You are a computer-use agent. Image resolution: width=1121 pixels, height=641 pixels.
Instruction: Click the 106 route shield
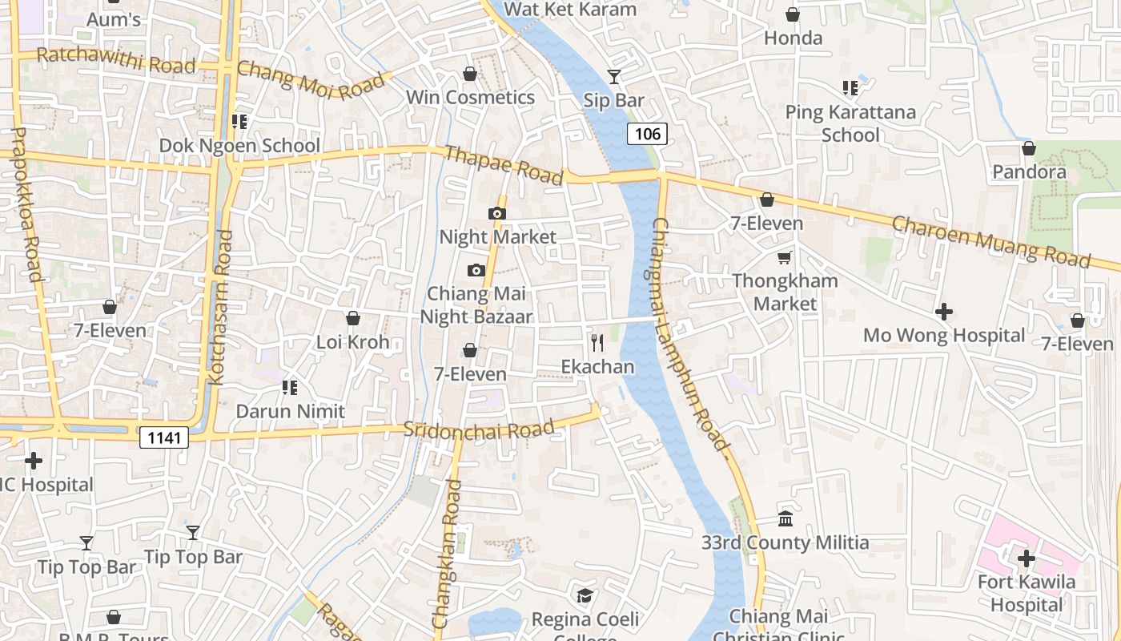coord(647,134)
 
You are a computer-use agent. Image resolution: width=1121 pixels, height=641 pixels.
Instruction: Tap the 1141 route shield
coord(164,437)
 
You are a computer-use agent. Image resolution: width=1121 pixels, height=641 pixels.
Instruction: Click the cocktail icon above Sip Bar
coord(614,77)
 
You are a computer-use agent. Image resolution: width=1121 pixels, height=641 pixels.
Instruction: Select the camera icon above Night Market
coord(497,213)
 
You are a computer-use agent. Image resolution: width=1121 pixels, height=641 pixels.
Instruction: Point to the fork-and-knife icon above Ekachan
coord(597,343)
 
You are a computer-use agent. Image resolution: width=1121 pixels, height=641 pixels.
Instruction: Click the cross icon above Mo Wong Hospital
coord(944,311)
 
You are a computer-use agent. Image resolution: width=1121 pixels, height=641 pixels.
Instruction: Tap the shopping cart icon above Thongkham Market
coord(785,257)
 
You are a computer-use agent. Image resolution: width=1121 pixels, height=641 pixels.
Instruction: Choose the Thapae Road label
coord(504,165)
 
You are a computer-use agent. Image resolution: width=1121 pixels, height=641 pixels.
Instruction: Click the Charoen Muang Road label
coord(991,240)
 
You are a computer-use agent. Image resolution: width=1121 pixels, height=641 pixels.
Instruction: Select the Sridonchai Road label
coord(479,429)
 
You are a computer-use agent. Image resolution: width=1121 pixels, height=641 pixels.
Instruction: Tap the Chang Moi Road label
coord(311,80)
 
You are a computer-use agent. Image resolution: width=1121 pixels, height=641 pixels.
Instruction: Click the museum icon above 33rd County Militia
coord(786,519)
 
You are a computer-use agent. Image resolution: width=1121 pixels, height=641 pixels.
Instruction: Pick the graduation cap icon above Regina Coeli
coord(585,596)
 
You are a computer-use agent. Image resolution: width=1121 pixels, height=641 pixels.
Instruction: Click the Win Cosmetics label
coord(470,98)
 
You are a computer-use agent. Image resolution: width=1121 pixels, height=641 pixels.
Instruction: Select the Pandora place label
coord(1029,172)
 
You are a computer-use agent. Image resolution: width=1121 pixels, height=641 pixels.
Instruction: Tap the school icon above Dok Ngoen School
coord(239,122)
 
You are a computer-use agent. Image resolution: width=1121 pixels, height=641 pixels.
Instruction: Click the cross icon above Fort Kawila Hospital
coord(1026,558)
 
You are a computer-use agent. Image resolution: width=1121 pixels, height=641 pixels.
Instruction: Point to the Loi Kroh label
coord(352,342)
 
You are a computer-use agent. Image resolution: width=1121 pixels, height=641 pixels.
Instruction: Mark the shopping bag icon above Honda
coord(793,14)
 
